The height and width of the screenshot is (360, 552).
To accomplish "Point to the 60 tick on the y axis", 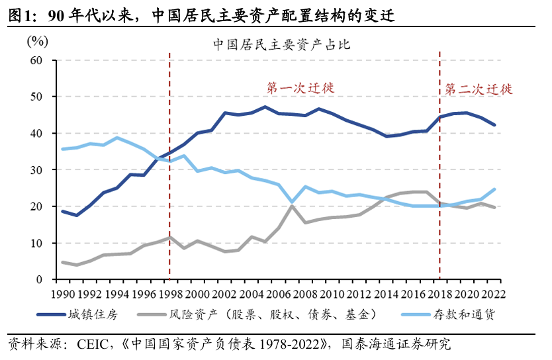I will tap(36, 60).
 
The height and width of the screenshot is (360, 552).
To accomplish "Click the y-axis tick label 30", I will tap(36, 170).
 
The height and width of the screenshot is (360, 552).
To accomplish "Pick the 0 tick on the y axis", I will tap(39, 280).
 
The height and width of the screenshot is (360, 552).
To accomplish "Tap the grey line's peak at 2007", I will tap(291, 206).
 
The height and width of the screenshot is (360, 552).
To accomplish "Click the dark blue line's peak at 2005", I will tap(265, 107).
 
